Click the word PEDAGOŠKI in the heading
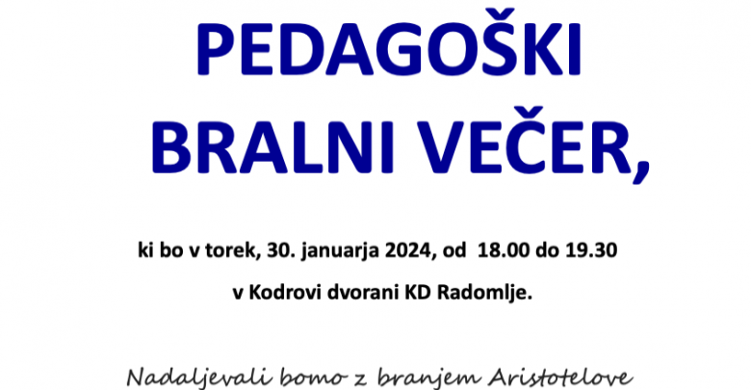388,45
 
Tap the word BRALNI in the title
272,148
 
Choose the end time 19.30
591,250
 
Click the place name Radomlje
484,294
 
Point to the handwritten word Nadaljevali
198,378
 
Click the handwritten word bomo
312,378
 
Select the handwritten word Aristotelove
560,378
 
